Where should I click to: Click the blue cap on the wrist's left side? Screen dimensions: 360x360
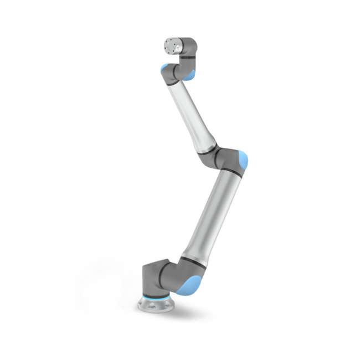pos(164,71)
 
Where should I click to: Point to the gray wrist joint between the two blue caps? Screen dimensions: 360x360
pos(178,71)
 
